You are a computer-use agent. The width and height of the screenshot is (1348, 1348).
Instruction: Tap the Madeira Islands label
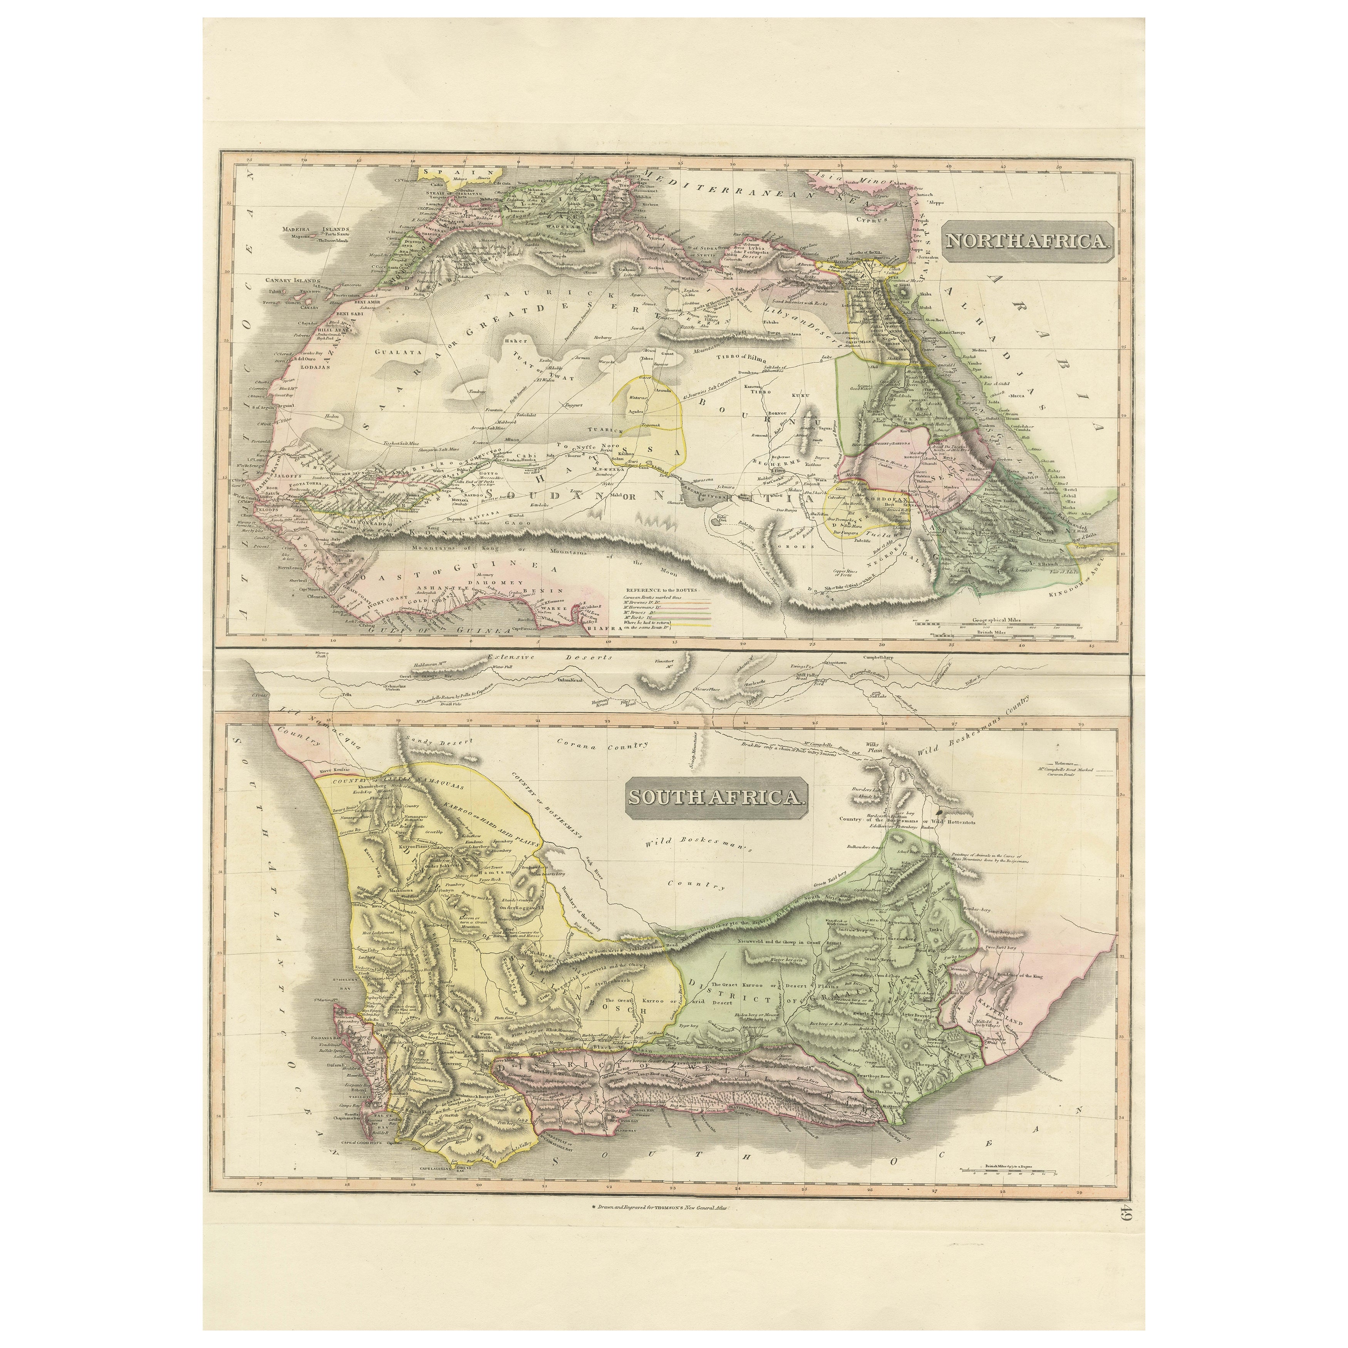[x=317, y=228]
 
